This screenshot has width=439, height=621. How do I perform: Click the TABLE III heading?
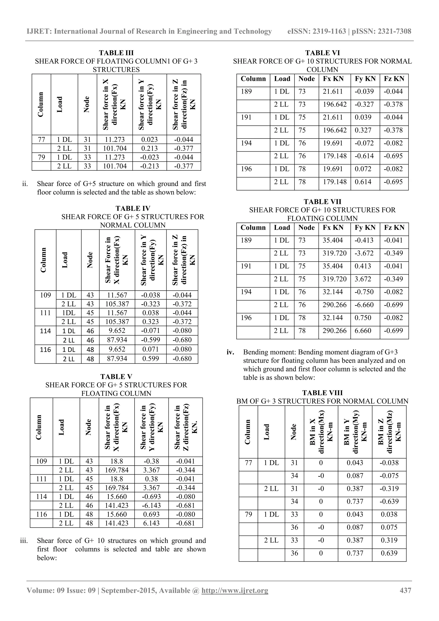pyautogui.click(x=116, y=53)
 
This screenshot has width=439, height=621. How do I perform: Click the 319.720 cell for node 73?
pyautogui.click(x=334, y=253)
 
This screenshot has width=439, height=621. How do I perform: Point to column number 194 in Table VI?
pyautogui.click(x=246, y=143)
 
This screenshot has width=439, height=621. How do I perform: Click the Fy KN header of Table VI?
pyautogui.click(x=365, y=79)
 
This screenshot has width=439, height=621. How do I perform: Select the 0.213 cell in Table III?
pyautogui.click(x=149, y=148)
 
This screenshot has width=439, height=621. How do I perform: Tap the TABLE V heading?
pyautogui.click(x=116, y=377)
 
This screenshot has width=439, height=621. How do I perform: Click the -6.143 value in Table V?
pyautogui.click(x=151, y=505)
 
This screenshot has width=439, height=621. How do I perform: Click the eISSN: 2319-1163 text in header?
pyautogui.click(x=317, y=31)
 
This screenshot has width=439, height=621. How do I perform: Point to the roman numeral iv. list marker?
pyautogui.click(x=230, y=352)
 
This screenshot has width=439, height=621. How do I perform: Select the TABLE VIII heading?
pyautogui.click(x=322, y=393)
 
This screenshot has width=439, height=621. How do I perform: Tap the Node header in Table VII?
pyautogui.click(x=306, y=228)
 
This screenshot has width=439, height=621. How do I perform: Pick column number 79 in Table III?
pyautogui.click(x=41, y=157)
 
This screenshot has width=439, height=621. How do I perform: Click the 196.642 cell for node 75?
pyautogui.click(x=334, y=130)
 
